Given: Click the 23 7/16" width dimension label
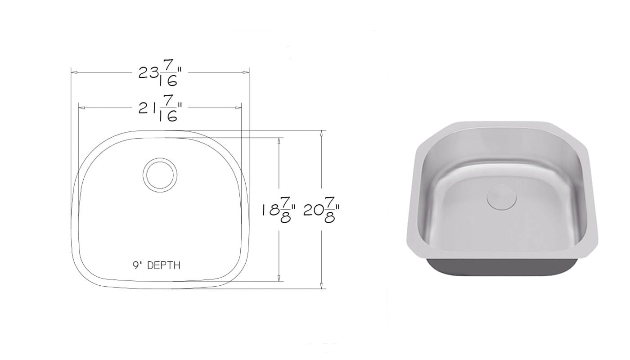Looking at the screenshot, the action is (x=160, y=73).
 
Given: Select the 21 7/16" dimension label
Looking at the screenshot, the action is (x=160, y=108).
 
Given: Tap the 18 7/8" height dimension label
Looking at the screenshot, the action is (x=279, y=210).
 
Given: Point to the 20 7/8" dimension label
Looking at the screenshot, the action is (x=321, y=210).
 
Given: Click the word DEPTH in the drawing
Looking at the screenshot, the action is (x=164, y=265).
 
